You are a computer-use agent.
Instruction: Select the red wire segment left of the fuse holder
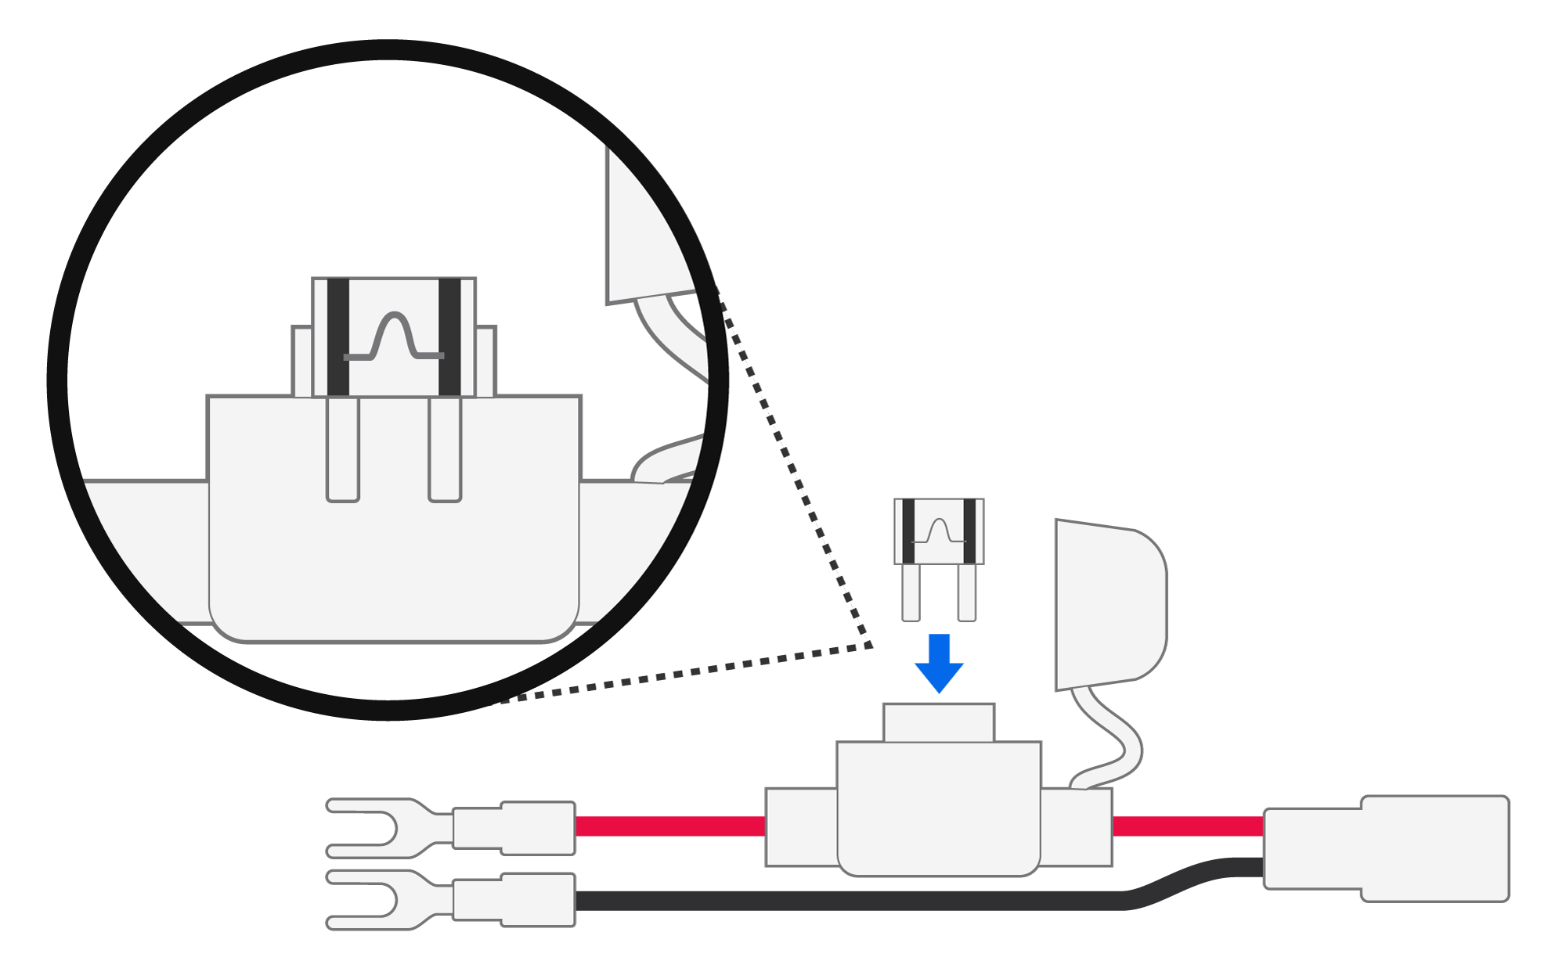(x=669, y=826)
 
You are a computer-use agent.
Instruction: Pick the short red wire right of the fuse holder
(x=1187, y=826)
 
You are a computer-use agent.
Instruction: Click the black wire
(x=846, y=900)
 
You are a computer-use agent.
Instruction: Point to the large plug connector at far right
(x=1386, y=849)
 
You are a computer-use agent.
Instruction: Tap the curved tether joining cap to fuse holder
(x=1112, y=736)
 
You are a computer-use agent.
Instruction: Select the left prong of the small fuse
(x=911, y=592)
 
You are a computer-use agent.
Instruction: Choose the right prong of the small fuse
(x=967, y=592)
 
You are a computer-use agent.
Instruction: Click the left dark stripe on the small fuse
(x=908, y=531)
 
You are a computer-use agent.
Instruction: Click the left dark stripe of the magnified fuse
(x=338, y=337)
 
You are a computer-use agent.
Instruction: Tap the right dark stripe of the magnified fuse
(x=449, y=337)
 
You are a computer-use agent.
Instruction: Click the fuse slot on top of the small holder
(x=939, y=722)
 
